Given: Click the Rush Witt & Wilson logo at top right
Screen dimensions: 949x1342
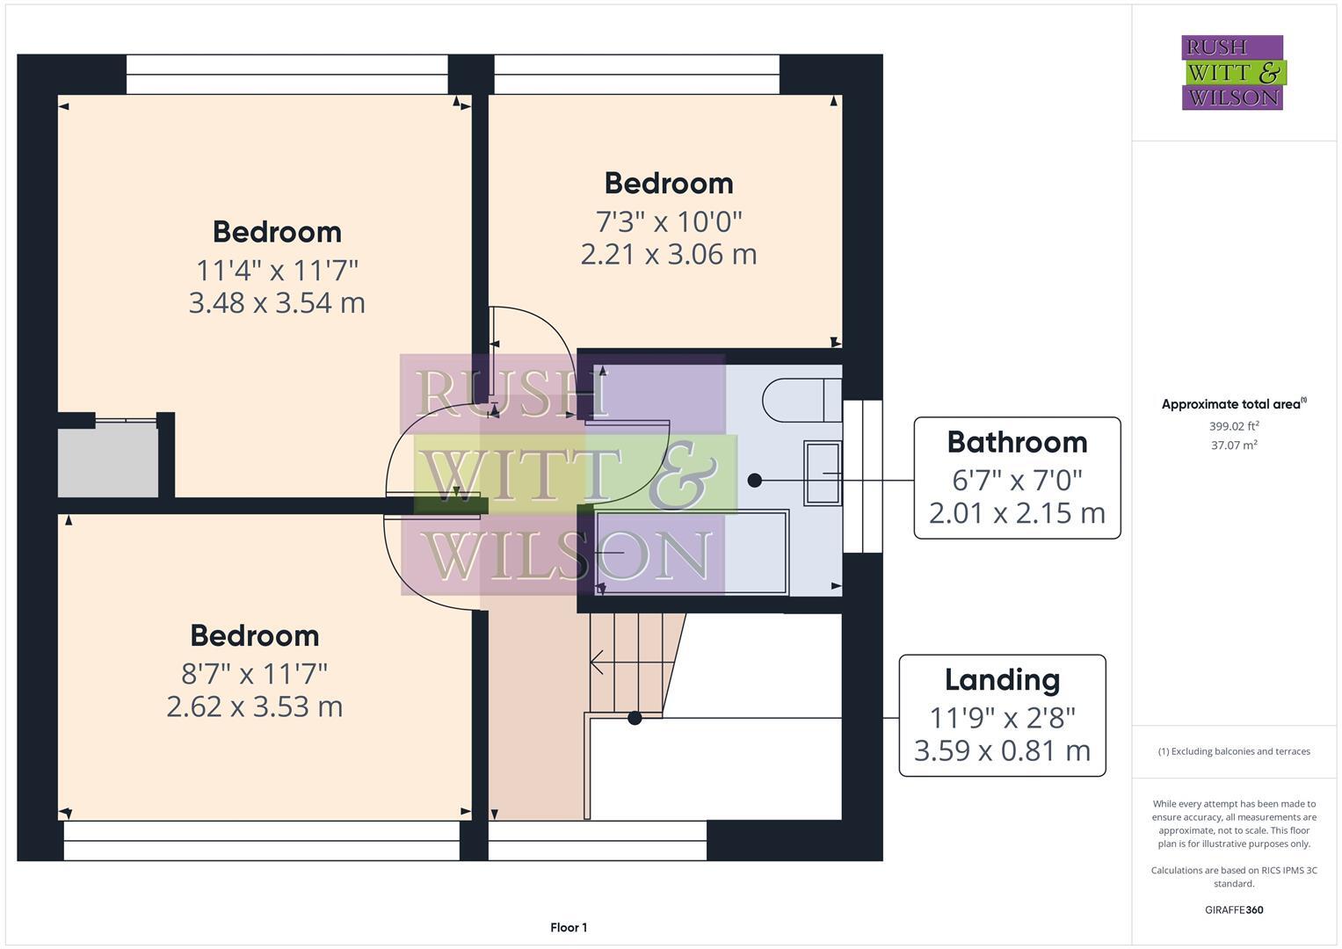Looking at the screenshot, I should point(1232,73).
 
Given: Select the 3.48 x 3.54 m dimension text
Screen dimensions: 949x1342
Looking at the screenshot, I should point(277,303).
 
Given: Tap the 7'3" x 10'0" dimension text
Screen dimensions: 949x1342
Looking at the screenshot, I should point(669,221).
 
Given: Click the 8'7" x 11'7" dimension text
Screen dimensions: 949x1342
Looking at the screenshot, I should point(254,674).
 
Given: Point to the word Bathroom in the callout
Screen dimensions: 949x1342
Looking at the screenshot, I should point(1017,442).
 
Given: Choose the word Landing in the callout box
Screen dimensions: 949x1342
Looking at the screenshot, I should point(1002,680).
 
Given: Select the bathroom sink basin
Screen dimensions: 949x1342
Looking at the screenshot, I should point(823,473).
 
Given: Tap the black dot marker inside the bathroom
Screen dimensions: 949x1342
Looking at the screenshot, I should point(754,480).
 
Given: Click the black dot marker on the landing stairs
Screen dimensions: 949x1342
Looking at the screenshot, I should point(635,718).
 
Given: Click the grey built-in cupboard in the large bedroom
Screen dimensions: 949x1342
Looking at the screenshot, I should point(108,460).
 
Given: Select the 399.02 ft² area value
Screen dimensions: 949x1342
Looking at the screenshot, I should point(1234,426).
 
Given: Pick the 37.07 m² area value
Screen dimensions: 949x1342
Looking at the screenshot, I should point(1234,446).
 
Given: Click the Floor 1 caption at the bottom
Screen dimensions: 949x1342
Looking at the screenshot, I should point(569,928).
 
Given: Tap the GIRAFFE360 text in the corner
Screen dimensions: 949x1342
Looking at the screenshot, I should point(1234,910).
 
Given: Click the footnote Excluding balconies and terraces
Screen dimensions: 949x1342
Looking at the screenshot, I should point(1234,751).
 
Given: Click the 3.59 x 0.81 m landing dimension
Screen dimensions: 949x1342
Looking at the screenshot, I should point(1002,751).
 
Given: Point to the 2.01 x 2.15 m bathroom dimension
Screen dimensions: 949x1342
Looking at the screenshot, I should point(1017,512).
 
